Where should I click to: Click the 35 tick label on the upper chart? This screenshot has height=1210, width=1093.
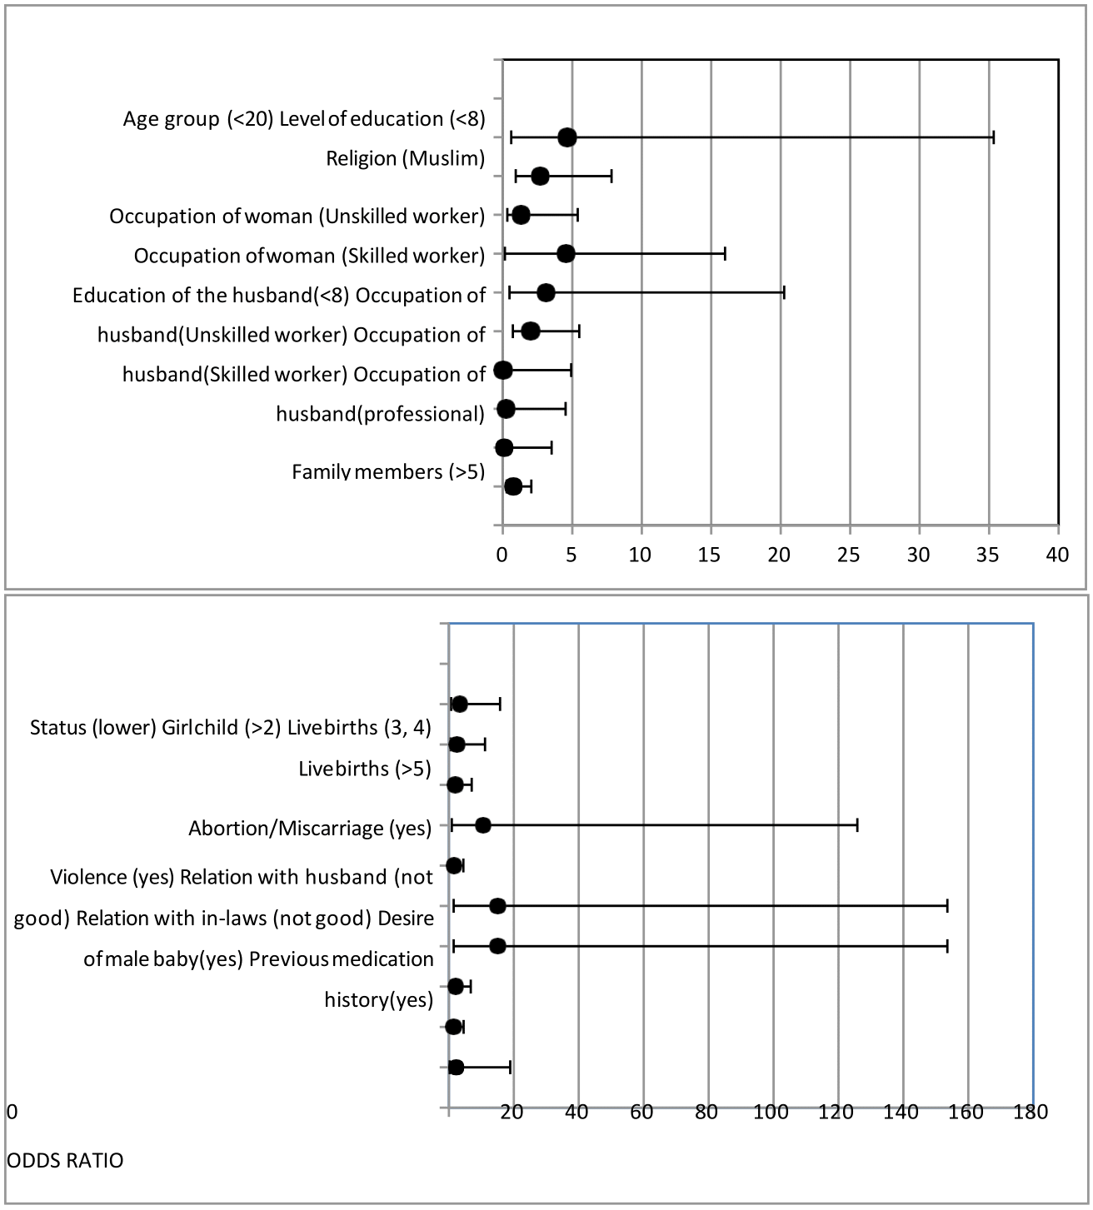tap(988, 555)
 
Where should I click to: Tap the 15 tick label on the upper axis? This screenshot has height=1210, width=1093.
tap(710, 555)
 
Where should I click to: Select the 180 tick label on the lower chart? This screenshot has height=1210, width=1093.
tap(1031, 1112)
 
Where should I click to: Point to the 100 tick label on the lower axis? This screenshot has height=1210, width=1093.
tap(771, 1112)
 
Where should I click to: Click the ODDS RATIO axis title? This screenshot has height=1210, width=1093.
tap(65, 1160)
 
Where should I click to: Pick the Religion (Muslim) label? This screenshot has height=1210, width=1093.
tap(405, 158)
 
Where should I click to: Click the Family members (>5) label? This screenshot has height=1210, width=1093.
tap(388, 472)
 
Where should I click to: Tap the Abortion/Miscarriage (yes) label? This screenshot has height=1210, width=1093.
tap(310, 829)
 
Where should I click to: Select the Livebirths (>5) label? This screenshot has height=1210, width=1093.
tap(365, 769)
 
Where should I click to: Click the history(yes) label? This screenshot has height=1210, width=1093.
tap(379, 999)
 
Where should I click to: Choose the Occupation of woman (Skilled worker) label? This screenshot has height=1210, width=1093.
tap(309, 256)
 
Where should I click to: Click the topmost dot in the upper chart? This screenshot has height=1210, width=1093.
tap(567, 137)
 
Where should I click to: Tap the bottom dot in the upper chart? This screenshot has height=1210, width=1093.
tap(513, 486)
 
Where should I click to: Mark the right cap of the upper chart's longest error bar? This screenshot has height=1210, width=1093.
tap(993, 137)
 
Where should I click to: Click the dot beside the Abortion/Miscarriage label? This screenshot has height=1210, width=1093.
tap(483, 825)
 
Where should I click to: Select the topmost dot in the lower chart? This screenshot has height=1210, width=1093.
tap(460, 705)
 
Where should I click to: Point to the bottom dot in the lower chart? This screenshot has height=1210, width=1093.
tap(456, 1067)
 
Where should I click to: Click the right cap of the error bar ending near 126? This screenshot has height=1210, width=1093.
tap(857, 825)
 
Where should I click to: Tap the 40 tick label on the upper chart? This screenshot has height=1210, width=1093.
tap(1057, 555)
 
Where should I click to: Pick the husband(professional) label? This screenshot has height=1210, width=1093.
tap(380, 414)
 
